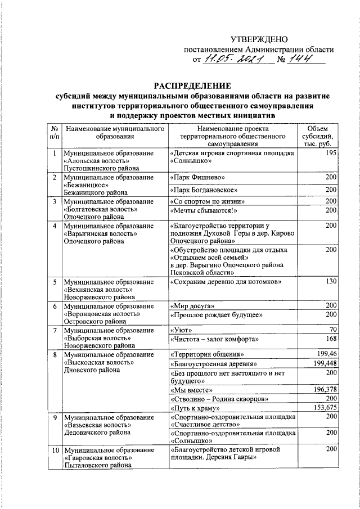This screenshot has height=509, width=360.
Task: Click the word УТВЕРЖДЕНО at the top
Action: tap(259, 39)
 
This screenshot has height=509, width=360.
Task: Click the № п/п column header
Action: tap(53, 132)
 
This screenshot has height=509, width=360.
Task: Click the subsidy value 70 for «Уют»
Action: tap(332, 329)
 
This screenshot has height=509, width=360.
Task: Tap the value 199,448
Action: tap(324, 363)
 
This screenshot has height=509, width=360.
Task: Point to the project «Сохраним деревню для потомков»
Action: tap(224, 281)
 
